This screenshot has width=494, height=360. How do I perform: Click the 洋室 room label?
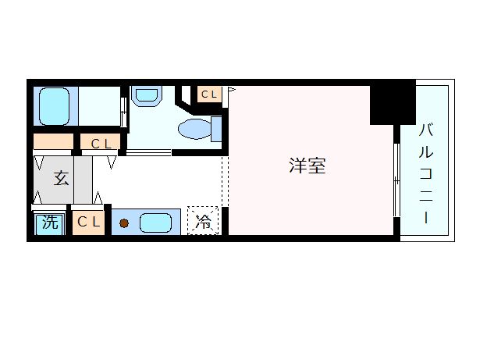(307, 166)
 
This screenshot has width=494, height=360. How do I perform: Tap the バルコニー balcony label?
(426, 173)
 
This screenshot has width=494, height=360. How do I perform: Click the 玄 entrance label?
(61, 178)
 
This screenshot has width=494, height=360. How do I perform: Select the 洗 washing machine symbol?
(50, 223)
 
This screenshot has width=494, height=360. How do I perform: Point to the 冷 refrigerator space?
(203, 220)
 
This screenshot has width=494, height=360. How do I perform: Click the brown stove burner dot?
(124, 223)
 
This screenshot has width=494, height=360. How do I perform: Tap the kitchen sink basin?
(155, 223)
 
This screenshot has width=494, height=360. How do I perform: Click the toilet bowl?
(194, 129)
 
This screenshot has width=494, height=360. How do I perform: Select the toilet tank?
(216, 129)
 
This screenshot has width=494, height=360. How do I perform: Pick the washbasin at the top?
(147, 95)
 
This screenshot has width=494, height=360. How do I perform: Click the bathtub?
(54, 106)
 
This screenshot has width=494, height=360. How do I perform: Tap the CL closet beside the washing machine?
(88, 223)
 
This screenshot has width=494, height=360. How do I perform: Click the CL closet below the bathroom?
(101, 141)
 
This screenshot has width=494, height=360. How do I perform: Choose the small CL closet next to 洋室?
(209, 94)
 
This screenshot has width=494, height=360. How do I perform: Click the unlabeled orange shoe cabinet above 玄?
(53, 141)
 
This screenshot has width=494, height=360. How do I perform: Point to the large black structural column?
(393, 102)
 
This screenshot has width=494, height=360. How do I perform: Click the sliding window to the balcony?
(397, 180)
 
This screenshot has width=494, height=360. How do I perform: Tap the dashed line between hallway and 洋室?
(225, 181)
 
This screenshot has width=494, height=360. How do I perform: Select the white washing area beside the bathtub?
(99, 106)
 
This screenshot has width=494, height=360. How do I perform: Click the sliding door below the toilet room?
(149, 152)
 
